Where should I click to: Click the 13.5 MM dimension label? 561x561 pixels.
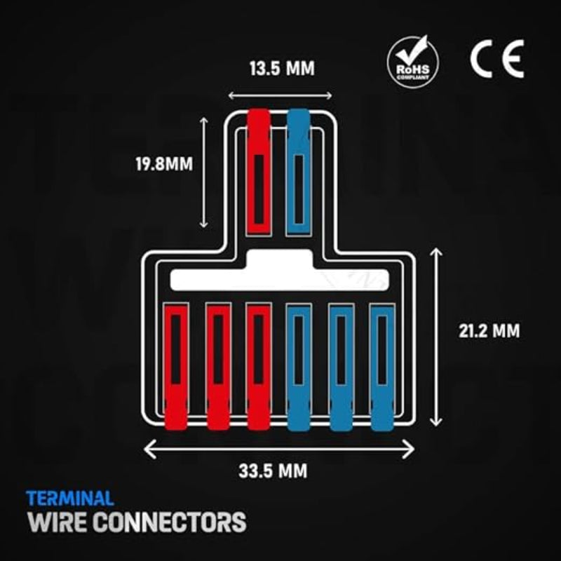[282, 68]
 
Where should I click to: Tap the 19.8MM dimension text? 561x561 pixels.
[164, 164]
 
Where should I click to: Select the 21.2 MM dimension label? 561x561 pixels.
[489, 331]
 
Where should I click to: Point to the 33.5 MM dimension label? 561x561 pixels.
[273, 471]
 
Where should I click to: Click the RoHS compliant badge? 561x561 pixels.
[413, 61]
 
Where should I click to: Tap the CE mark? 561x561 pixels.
[497, 59]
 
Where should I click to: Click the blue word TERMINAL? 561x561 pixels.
[69, 499]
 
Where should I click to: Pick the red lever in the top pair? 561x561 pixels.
[259, 172]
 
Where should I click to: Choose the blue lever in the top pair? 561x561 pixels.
[299, 172]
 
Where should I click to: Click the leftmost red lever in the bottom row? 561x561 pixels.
[176, 367]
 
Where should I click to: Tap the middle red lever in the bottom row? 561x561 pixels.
[218, 367]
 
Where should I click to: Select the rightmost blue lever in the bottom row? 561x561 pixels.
[382, 367]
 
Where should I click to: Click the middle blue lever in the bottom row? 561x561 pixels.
[342, 367]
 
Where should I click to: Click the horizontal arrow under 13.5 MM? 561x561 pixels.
[280, 95]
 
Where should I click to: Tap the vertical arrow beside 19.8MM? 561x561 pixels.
[203, 173]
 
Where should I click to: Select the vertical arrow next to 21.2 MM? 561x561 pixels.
[435, 337]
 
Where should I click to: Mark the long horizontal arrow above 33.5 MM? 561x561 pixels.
[279, 449]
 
